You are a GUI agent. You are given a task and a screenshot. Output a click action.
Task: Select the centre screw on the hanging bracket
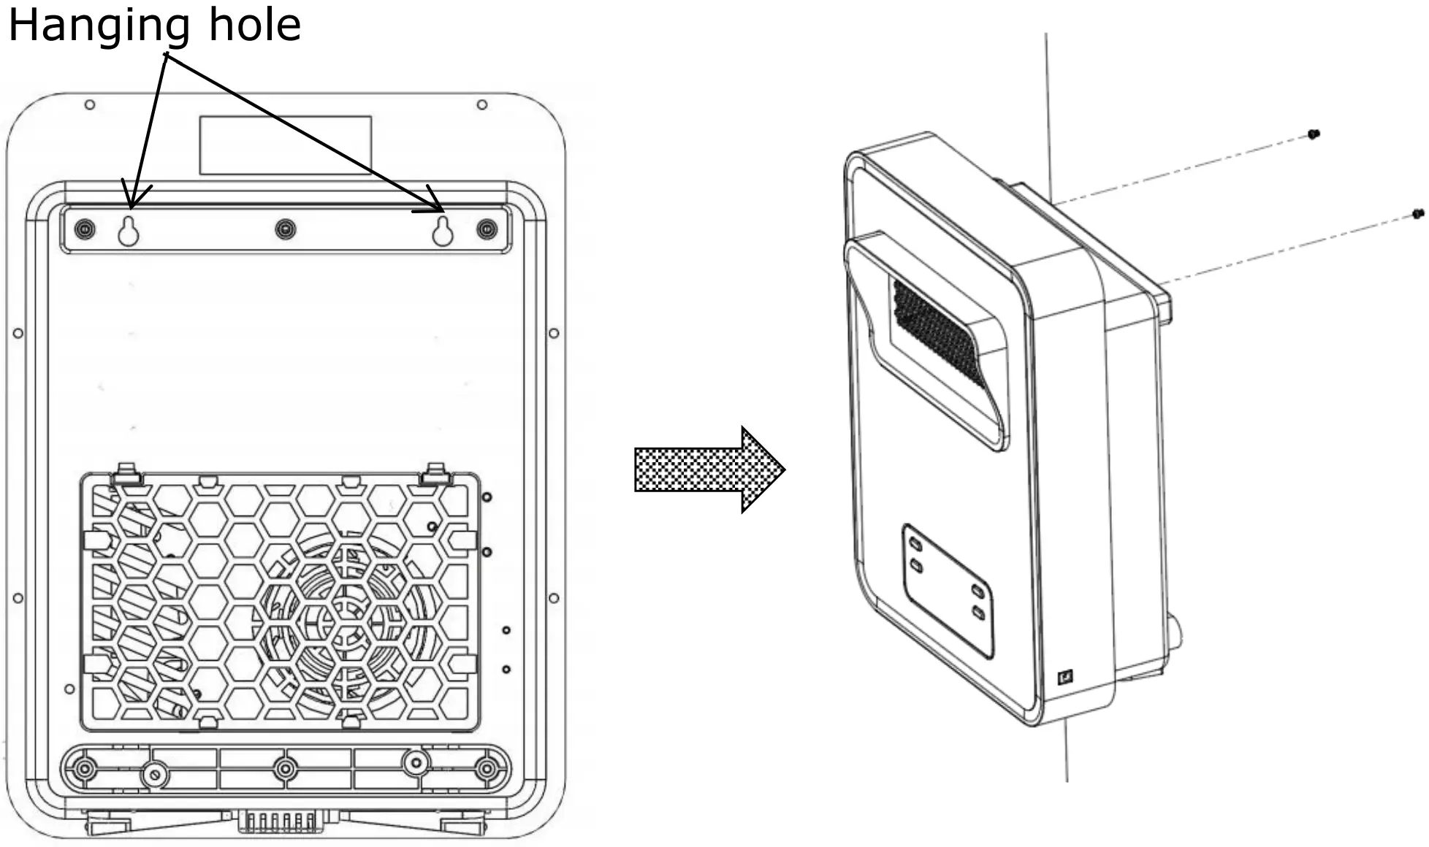click(x=286, y=229)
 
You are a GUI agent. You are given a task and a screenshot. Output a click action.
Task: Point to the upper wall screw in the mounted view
click(x=1313, y=134)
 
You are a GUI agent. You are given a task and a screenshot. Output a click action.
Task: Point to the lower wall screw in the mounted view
click(x=1418, y=214)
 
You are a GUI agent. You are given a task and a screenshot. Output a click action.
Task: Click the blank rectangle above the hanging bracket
click(x=285, y=145)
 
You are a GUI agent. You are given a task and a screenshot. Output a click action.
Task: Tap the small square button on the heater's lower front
click(x=1065, y=677)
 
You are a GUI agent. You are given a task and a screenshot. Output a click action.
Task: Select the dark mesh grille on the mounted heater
click(x=939, y=332)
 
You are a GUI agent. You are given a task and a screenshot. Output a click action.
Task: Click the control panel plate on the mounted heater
click(x=948, y=590)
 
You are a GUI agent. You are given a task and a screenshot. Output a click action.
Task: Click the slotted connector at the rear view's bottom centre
click(x=281, y=821)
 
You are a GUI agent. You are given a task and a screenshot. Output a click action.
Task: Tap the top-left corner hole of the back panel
click(x=90, y=105)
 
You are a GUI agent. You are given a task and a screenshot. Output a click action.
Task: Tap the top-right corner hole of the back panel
click(x=482, y=105)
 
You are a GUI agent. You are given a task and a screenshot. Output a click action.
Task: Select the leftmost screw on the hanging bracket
click(x=85, y=229)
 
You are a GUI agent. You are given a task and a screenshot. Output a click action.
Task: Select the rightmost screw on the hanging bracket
click(x=487, y=229)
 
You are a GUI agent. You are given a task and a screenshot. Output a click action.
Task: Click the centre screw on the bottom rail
click(x=285, y=768)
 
